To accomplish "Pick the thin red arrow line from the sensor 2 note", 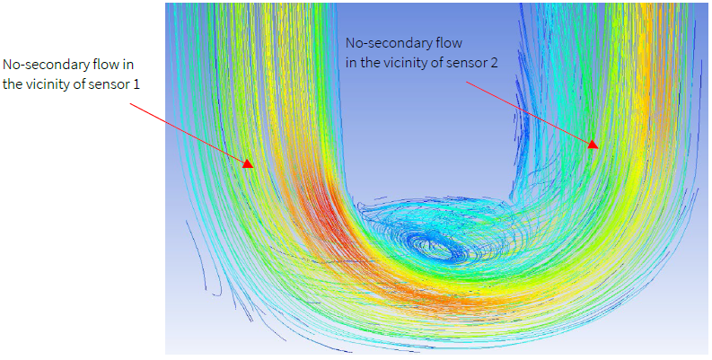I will point(530,111).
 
